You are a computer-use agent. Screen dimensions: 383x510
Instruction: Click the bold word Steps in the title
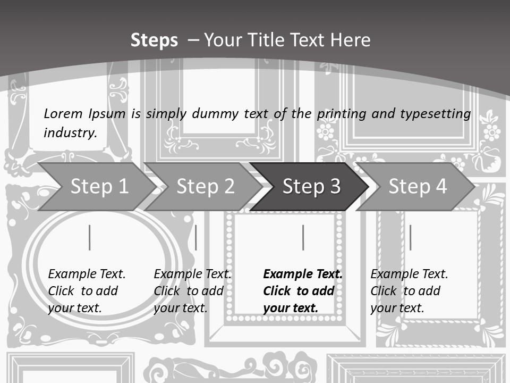pyautogui.click(x=154, y=40)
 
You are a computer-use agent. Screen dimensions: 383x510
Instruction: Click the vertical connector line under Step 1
pyautogui.click(x=90, y=237)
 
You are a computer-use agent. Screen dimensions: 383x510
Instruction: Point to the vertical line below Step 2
pyautogui.click(x=196, y=237)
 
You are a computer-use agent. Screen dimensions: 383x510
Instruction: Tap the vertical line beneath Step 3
pyautogui.click(x=303, y=237)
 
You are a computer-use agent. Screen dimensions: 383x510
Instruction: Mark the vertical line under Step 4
pyautogui.click(x=410, y=237)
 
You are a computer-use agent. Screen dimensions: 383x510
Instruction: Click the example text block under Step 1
pyautogui.click(x=87, y=291)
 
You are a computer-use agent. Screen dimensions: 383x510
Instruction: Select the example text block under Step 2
pyautogui.click(x=192, y=291)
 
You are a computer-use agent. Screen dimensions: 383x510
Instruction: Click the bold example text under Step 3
pyautogui.click(x=303, y=291)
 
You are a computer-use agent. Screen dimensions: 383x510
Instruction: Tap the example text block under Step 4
pyautogui.click(x=409, y=291)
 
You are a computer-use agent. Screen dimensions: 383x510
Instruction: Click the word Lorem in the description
pyautogui.click(x=63, y=113)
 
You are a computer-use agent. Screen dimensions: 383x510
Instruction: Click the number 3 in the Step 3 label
pyautogui.click(x=335, y=187)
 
